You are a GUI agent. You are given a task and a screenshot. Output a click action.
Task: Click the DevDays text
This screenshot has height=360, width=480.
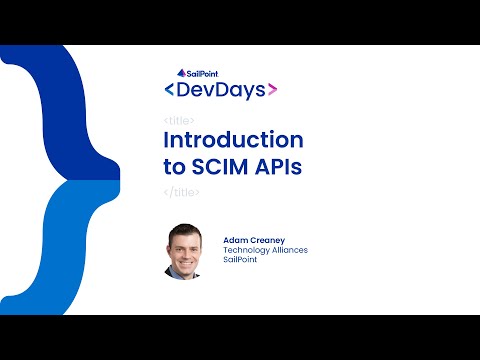[219, 90]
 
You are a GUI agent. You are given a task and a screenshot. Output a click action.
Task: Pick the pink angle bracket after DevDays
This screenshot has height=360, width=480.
[272, 90]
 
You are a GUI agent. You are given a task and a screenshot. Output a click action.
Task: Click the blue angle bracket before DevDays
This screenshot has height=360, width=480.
[167, 90]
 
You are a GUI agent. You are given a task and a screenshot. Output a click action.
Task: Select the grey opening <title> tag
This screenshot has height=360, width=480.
[178, 120]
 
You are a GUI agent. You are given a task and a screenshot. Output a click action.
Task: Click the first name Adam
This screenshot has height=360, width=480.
[236, 241]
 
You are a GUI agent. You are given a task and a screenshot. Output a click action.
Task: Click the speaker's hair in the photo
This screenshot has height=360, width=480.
[186, 233]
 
